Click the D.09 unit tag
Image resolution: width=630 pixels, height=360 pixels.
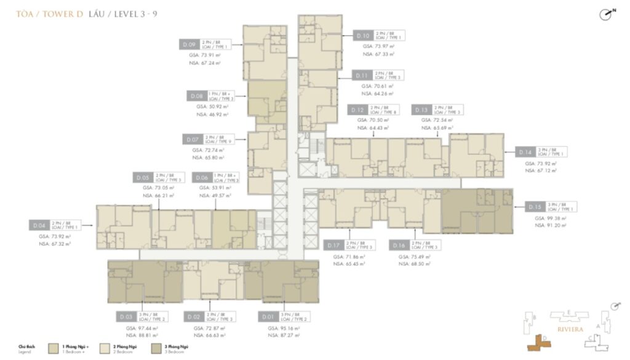[189, 44]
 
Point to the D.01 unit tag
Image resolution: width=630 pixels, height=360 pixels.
[266, 318]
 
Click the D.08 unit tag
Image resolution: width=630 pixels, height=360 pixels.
[196, 96]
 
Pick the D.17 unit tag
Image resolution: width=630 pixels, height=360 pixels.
[335, 245]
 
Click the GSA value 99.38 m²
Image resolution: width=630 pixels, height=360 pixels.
[546, 218]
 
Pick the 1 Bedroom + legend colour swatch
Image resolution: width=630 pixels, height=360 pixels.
[54, 348]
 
